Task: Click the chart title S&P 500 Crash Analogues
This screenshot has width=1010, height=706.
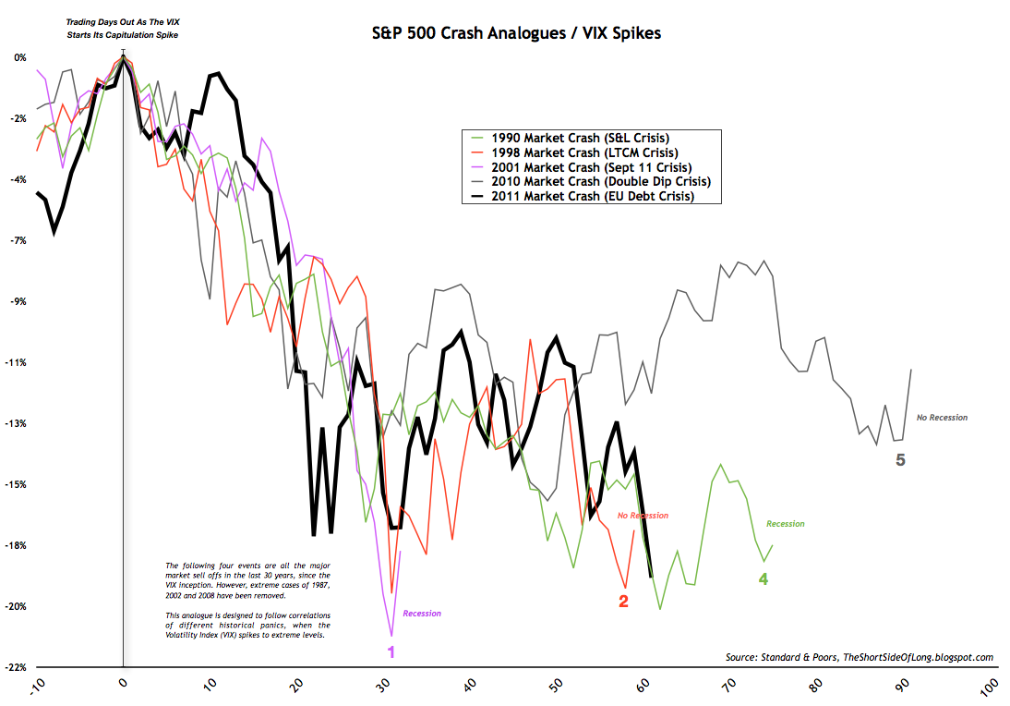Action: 502,34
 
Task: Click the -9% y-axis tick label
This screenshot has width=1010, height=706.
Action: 18,301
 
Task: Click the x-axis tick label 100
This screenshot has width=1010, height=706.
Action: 986,688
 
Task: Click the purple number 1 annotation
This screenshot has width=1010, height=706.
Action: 391,651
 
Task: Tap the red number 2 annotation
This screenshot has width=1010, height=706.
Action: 623,602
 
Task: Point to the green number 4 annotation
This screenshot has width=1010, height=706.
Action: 764,579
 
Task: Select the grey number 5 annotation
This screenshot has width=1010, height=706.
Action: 900,459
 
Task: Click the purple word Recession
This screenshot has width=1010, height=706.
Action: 421,614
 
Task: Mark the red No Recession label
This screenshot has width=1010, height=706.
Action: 642,515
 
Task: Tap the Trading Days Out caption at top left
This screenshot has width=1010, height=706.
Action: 123,28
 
